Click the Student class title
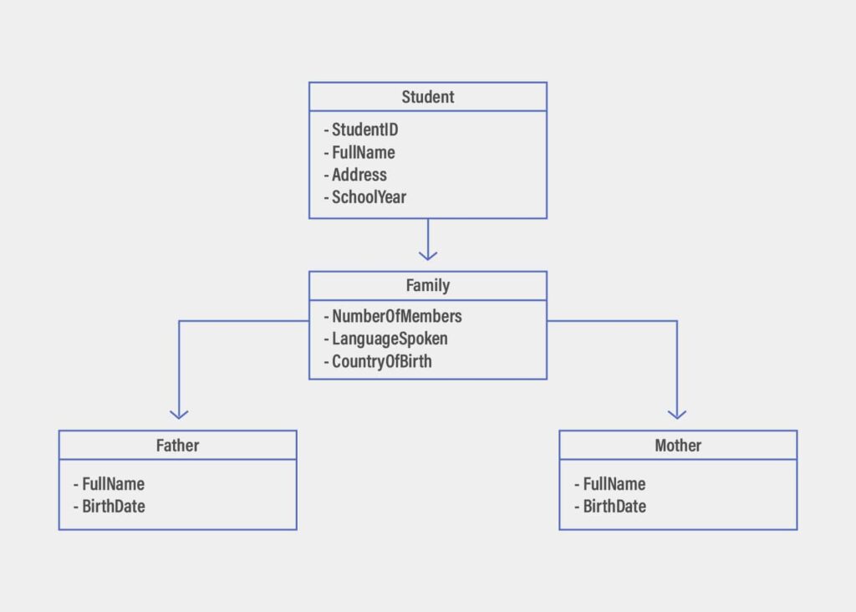coord(427,97)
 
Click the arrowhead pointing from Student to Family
coord(428,254)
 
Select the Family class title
coord(427,286)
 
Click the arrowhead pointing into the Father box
coord(179,413)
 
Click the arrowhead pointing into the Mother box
coord(677,413)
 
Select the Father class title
coord(177,446)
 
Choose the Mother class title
coord(678,446)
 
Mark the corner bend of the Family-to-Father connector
coord(179,321)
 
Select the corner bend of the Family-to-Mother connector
coord(677,321)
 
